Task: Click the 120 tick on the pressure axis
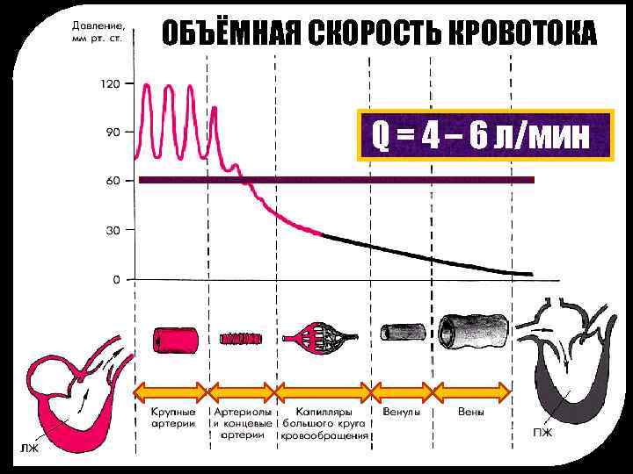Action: point(110,85)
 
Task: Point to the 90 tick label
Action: point(113,133)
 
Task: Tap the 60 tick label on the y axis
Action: point(113,181)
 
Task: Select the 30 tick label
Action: point(113,230)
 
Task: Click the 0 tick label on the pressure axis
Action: point(116,280)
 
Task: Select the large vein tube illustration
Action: point(473,330)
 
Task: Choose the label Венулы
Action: point(402,411)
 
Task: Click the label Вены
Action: point(473,411)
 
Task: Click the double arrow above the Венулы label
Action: point(402,391)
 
